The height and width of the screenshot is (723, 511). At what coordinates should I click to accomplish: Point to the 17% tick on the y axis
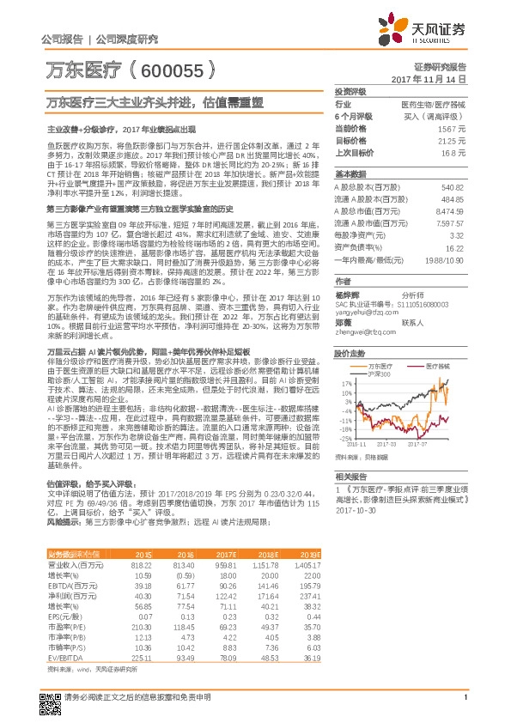click(346, 383)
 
